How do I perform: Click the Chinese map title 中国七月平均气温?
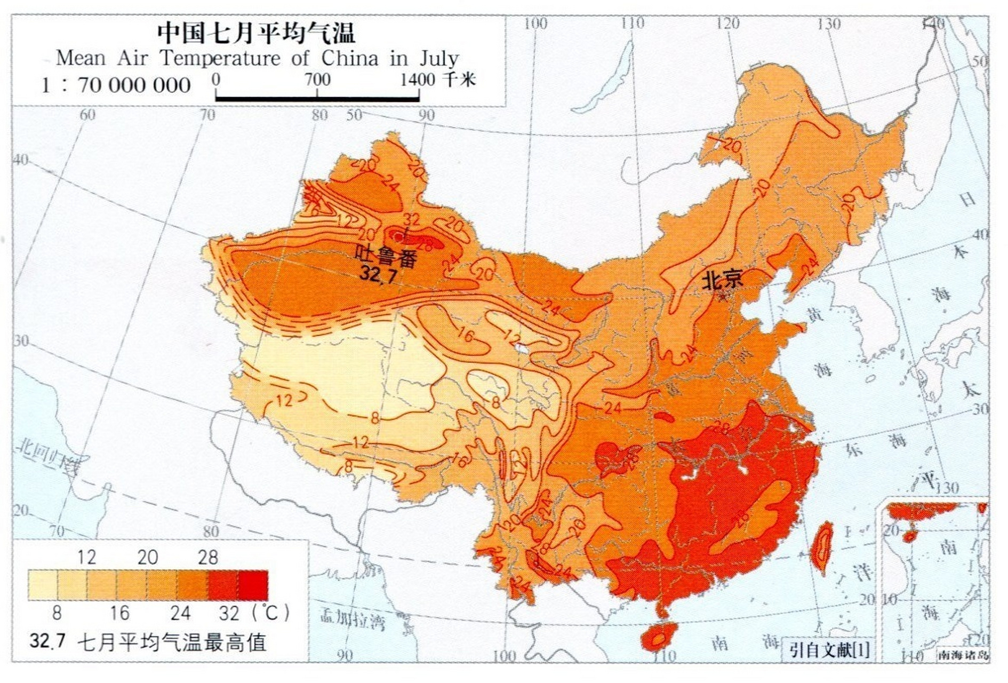(256, 33)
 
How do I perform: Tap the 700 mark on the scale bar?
(318, 80)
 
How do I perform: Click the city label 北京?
(722, 280)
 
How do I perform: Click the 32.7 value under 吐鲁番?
(378, 274)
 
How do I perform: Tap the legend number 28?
(208, 558)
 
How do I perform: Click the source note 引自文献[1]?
(829, 650)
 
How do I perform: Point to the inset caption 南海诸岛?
(963, 655)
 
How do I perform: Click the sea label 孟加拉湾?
(352, 620)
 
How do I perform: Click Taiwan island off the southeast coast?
(823, 547)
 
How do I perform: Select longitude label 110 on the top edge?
(633, 23)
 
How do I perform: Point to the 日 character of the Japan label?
(967, 200)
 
